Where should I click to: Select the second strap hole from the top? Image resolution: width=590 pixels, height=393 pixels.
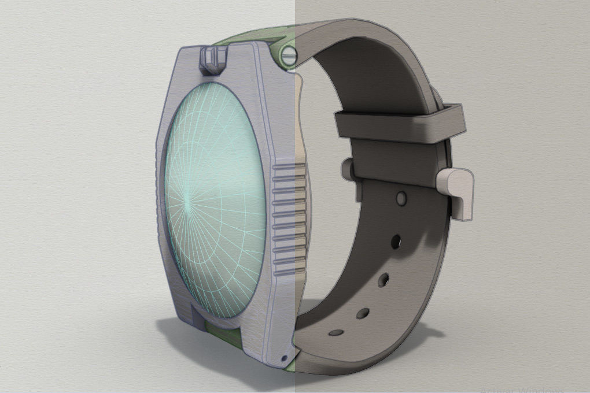pyautogui.click(x=396, y=239)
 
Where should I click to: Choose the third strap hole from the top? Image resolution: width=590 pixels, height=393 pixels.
pyautogui.click(x=383, y=280)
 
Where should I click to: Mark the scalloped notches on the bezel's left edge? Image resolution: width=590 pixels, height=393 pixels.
pyautogui.click(x=159, y=173)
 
